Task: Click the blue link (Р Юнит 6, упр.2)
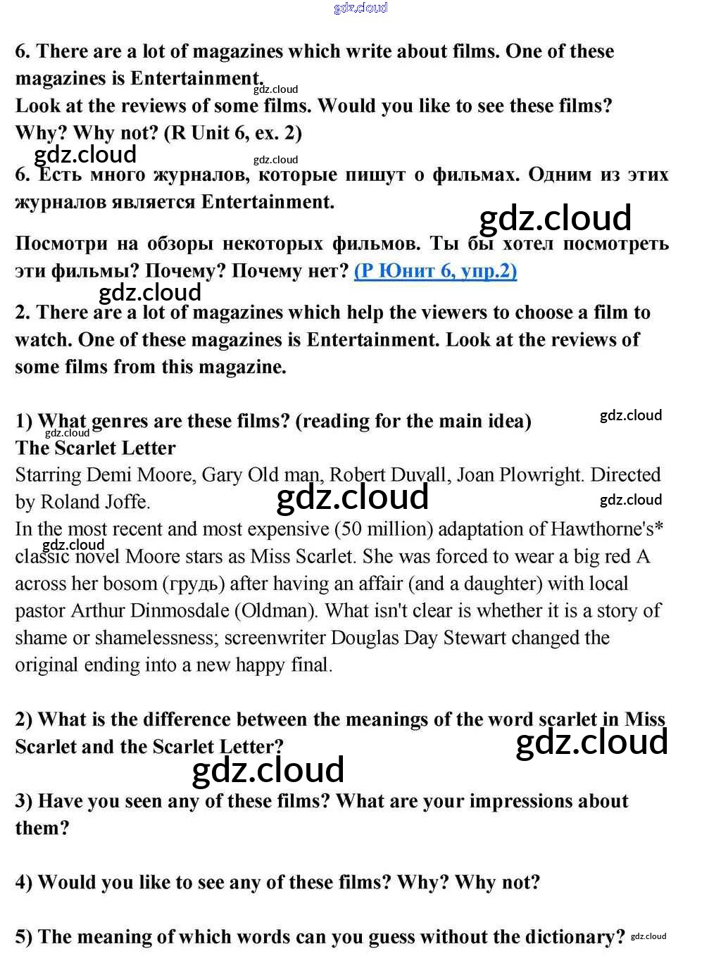coord(435,271)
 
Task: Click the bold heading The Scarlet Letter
coord(95,448)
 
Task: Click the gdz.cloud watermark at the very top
coord(360,8)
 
